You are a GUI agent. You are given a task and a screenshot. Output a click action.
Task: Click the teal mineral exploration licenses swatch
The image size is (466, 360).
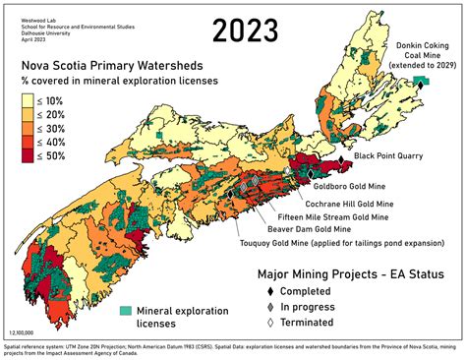coord(126,311)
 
